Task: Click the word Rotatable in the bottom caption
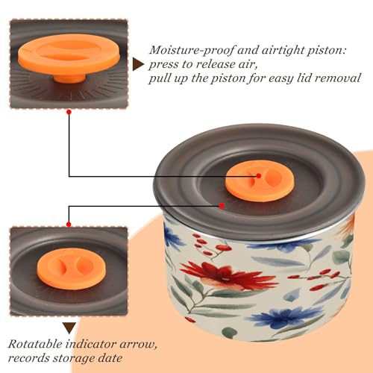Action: point(35,344)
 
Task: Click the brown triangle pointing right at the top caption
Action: point(138,64)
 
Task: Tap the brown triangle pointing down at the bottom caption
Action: point(69,328)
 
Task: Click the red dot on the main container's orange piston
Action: point(259,176)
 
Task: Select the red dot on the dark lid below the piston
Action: point(222,206)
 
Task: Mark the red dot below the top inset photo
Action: point(69,112)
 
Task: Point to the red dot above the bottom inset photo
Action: point(69,225)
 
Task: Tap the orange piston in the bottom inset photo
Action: point(70,268)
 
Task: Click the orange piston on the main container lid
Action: point(260,182)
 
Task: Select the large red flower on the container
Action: point(225,275)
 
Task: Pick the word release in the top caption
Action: point(217,64)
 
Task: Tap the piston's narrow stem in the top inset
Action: point(69,78)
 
